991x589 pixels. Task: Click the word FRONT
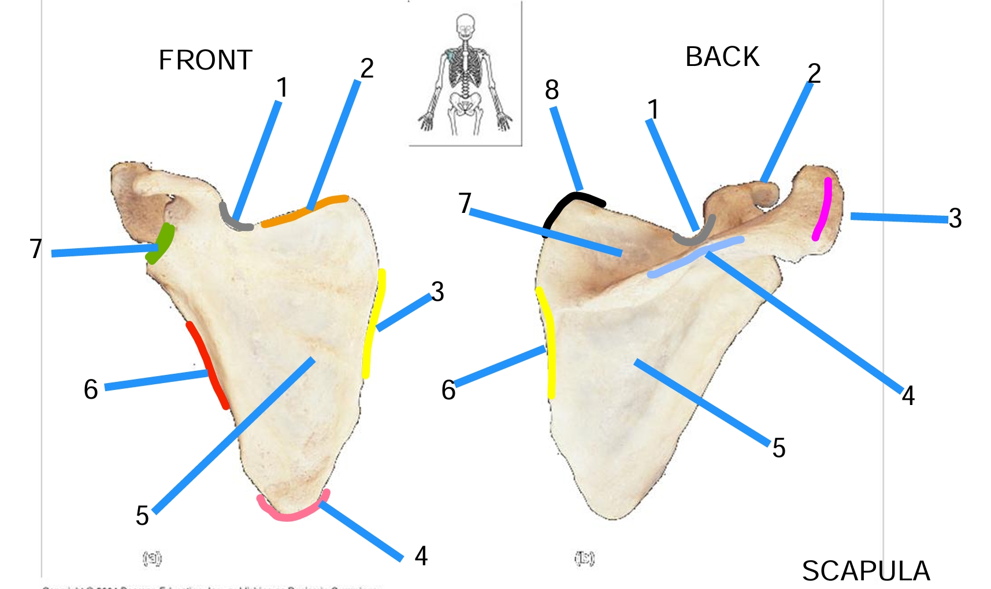205,60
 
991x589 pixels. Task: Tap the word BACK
722,57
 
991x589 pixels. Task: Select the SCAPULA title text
866,571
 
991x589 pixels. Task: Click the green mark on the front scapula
161,243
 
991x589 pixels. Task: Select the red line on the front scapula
206,365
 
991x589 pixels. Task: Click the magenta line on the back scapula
823,208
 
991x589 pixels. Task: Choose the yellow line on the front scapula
373,324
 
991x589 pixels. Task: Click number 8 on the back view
552,90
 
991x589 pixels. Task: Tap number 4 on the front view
421,556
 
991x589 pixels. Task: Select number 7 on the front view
36,249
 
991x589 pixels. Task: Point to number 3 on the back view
955,218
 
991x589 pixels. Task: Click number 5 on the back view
778,448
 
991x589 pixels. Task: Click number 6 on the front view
91,389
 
